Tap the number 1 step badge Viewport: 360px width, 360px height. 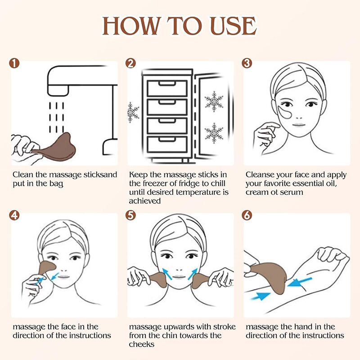tap(15, 63)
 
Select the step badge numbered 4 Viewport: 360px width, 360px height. tap(15, 215)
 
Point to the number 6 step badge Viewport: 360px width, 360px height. tap(247, 215)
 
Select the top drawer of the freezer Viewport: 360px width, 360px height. tap(167, 88)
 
